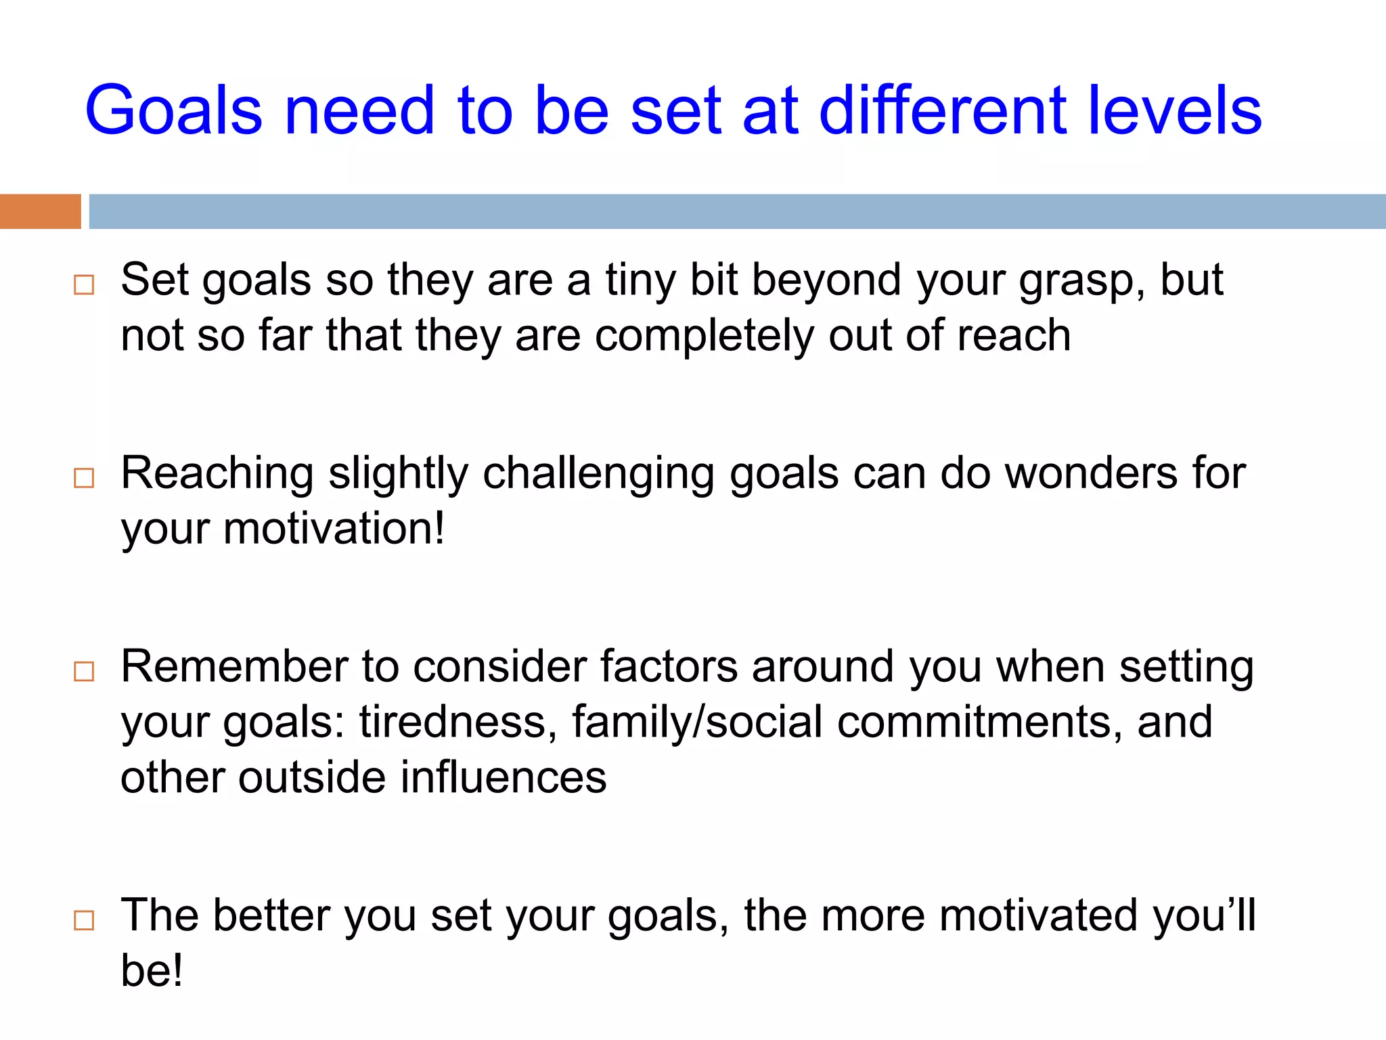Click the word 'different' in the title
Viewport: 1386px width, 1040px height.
[x=943, y=110]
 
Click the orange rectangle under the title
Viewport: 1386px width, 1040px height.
[x=40, y=211]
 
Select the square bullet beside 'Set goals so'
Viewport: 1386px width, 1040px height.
[x=84, y=285]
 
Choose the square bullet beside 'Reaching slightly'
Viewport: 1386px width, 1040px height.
[x=84, y=478]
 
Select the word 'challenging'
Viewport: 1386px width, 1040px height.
[x=598, y=475]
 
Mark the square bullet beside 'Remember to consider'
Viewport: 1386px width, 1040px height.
[x=84, y=672]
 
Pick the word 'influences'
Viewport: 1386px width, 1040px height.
[x=504, y=777]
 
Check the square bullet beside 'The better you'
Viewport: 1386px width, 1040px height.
[x=84, y=920]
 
